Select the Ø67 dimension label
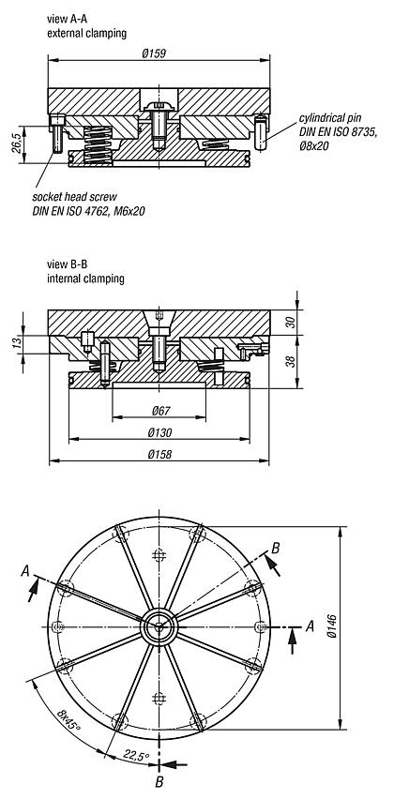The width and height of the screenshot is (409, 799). (159, 411)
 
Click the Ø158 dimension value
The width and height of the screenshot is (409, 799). (159, 454)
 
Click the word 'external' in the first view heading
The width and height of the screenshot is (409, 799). (65, 32)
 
